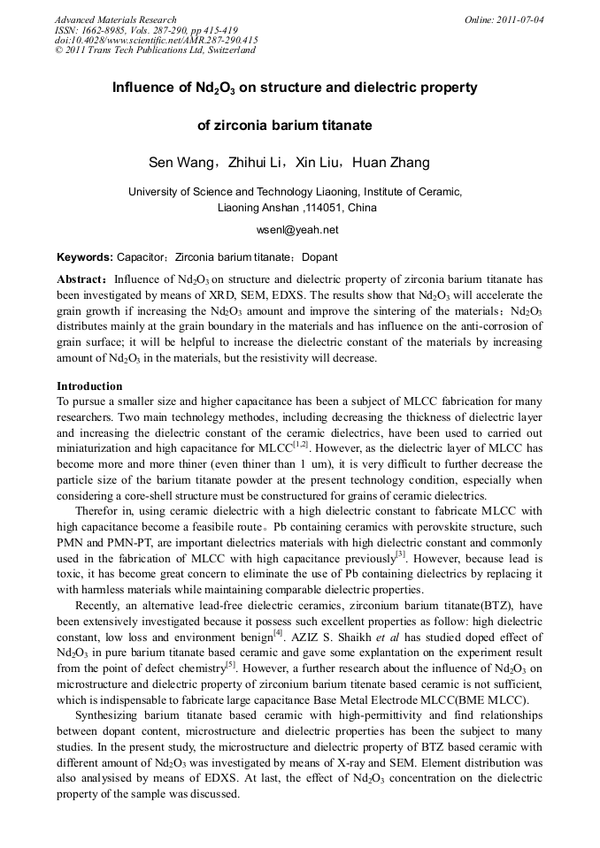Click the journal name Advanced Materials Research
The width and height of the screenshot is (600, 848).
(x=115, y=19)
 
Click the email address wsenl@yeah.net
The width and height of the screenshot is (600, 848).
(x=297, y=230)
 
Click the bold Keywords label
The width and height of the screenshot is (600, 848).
(x=84, y=257)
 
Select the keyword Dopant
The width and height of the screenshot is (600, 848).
(x=319, y=257)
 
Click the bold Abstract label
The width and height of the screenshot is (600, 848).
(x=81, y=279)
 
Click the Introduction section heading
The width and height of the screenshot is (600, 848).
(x=89, y=386)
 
